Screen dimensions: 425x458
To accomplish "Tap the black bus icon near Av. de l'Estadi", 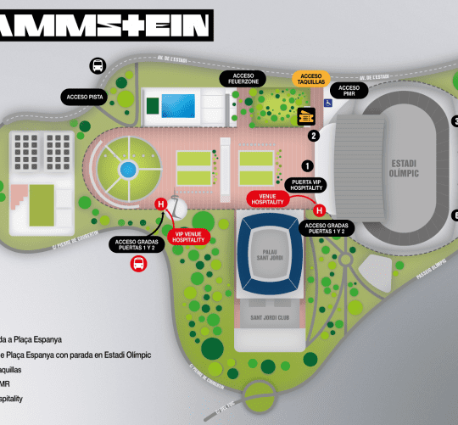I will [98, 64].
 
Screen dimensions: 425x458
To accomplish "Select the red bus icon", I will [137, 264].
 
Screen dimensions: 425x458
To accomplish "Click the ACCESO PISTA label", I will [85, 97].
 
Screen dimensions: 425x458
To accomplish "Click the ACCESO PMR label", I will [348, 91].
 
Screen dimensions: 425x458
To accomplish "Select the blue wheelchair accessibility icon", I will [327, 103].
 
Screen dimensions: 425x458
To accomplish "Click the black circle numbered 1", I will [308, 166].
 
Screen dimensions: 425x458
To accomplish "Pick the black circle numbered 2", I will [314, 135].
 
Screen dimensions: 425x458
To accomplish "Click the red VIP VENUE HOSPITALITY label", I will [189, 237].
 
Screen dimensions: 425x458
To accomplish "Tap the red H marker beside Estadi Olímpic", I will [320, 210].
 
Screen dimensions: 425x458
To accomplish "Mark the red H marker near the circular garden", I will [159, 204].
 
